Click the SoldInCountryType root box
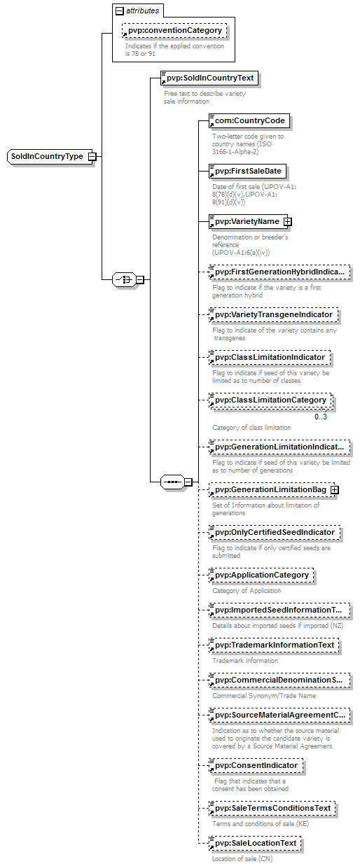[50, 157]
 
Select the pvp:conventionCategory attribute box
[174, 31]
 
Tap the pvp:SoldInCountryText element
[209, 78]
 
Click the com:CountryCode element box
[249, 120]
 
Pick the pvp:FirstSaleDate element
[247, 172]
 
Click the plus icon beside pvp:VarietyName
[288, 221]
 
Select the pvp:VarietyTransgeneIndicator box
[273, 315]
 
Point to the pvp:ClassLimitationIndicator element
[270, 358]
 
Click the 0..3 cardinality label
[321, 417]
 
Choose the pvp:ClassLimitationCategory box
[270, 400]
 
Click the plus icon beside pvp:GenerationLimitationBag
[335, 490]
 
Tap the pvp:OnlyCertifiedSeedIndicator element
[275, 533]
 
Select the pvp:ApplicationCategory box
[261, 575]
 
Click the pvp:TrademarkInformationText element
[274, 645]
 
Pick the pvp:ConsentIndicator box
[256, 766]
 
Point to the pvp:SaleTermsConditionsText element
[272, 809]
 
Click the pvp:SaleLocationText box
[255, 844]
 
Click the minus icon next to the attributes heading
[120, 11]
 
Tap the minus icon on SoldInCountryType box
[92, 157]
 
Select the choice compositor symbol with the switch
[124, 279]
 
